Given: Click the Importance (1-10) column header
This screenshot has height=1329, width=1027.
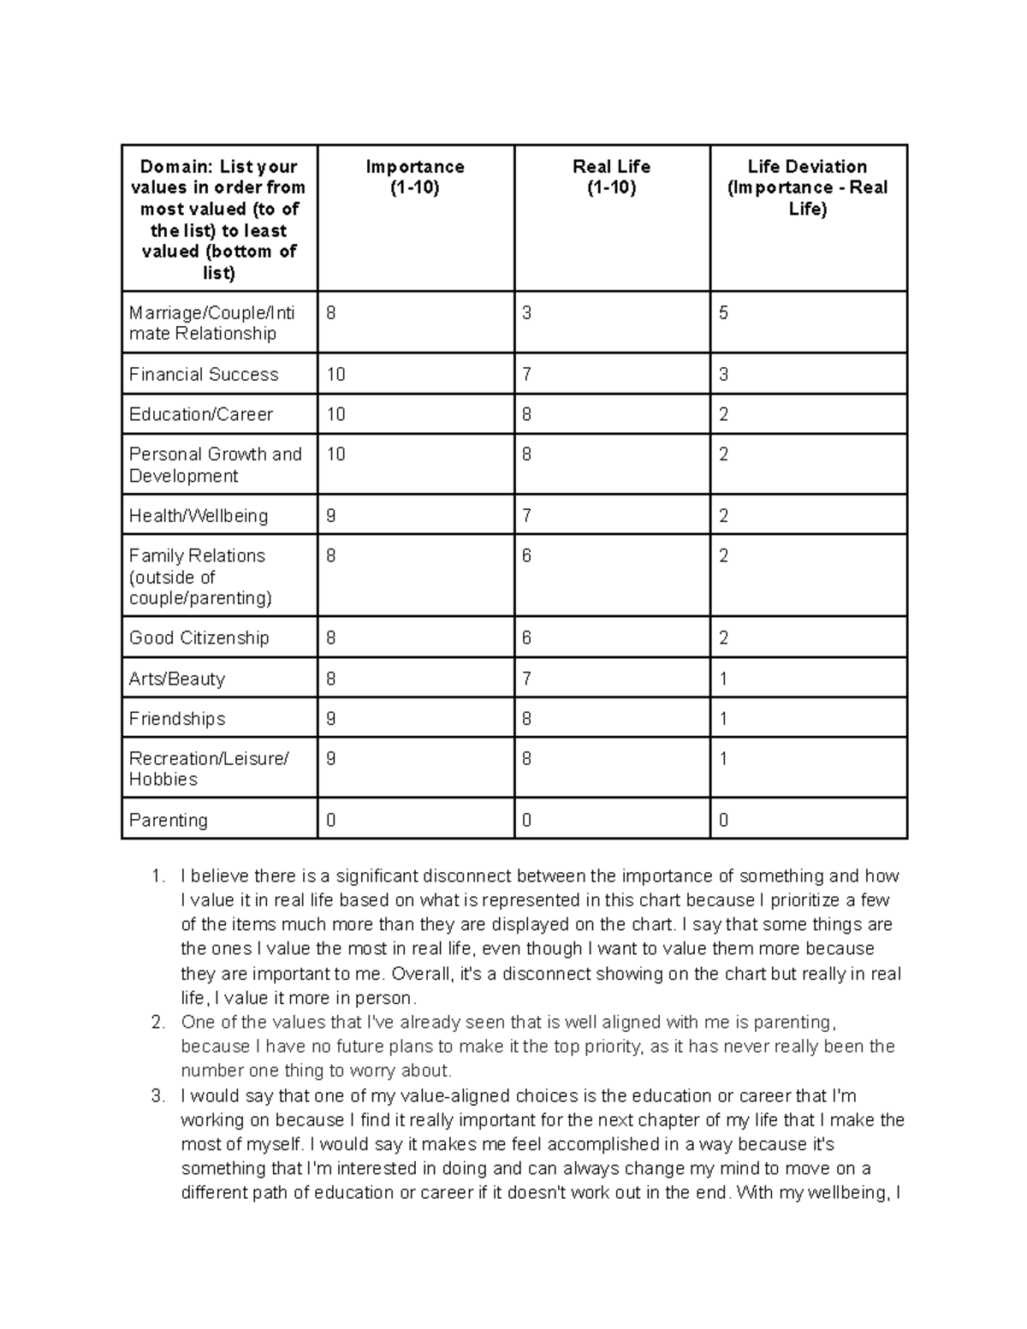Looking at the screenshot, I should point(415,177).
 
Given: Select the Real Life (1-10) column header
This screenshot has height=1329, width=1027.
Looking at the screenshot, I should point(611,177).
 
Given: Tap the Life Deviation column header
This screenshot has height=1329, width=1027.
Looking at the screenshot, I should point(807,187).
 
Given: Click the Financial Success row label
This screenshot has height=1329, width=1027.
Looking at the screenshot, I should point(204,374).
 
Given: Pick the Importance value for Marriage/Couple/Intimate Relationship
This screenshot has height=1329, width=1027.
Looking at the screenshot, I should point(331,313).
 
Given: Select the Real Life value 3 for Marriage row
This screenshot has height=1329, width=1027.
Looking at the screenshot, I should point(527,313).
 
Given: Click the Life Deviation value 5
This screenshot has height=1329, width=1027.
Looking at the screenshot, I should point(723,313).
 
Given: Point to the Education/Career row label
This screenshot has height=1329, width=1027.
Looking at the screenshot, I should point(201,414).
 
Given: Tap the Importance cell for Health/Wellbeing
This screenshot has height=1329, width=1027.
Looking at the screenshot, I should point(331,516).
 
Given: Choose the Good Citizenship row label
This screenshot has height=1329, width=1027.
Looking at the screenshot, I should point(199,638).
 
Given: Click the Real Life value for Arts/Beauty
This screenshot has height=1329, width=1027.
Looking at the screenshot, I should point(527,679).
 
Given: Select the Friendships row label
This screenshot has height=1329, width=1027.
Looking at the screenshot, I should point(177,719).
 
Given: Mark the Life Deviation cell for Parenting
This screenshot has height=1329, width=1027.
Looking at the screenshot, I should point(723,820).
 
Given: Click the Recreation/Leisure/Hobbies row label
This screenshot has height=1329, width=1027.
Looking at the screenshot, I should point(209,768).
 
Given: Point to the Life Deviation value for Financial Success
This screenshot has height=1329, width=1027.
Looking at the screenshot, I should point(723,374).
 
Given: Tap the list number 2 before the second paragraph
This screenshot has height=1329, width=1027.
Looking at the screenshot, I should point(157,1023).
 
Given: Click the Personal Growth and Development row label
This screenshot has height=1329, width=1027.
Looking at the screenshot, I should point(215,465).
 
